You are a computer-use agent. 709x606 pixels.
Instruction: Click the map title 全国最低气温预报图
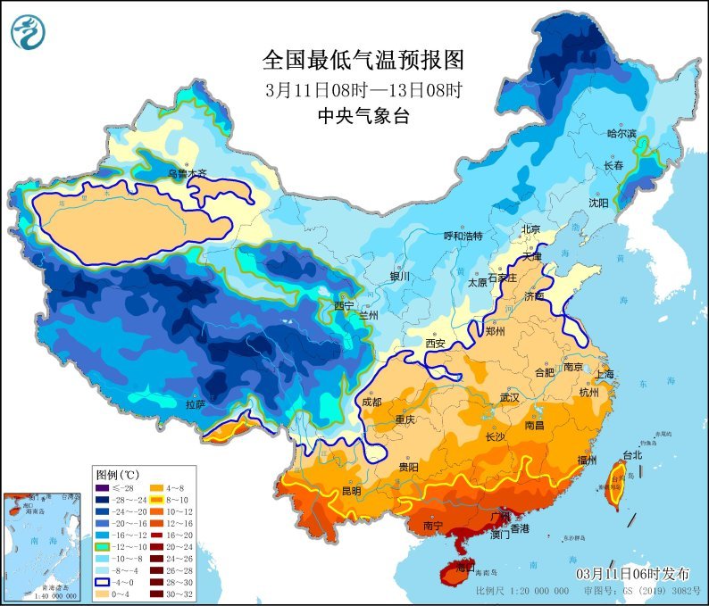(363, 60)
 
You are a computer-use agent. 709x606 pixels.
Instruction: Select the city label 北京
(530, 229)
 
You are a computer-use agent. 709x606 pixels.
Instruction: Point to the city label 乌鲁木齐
(188, 173)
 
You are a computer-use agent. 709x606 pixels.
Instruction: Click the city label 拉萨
(196, 404)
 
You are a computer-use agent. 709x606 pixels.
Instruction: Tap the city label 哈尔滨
(621, 133)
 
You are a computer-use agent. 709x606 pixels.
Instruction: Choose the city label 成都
(371, 402)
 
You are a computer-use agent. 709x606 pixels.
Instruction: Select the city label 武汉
(509, 397)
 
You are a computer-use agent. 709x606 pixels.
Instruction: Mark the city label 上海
(606, 374)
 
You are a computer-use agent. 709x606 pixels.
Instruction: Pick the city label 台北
(632, 454)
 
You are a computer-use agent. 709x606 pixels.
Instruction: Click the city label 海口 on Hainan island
(463, 567)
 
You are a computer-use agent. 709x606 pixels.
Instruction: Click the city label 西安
(435, 343)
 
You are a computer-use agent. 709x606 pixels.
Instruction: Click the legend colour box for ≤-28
(104, 488)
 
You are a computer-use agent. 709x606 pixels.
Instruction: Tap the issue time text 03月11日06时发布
(632, 572)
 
